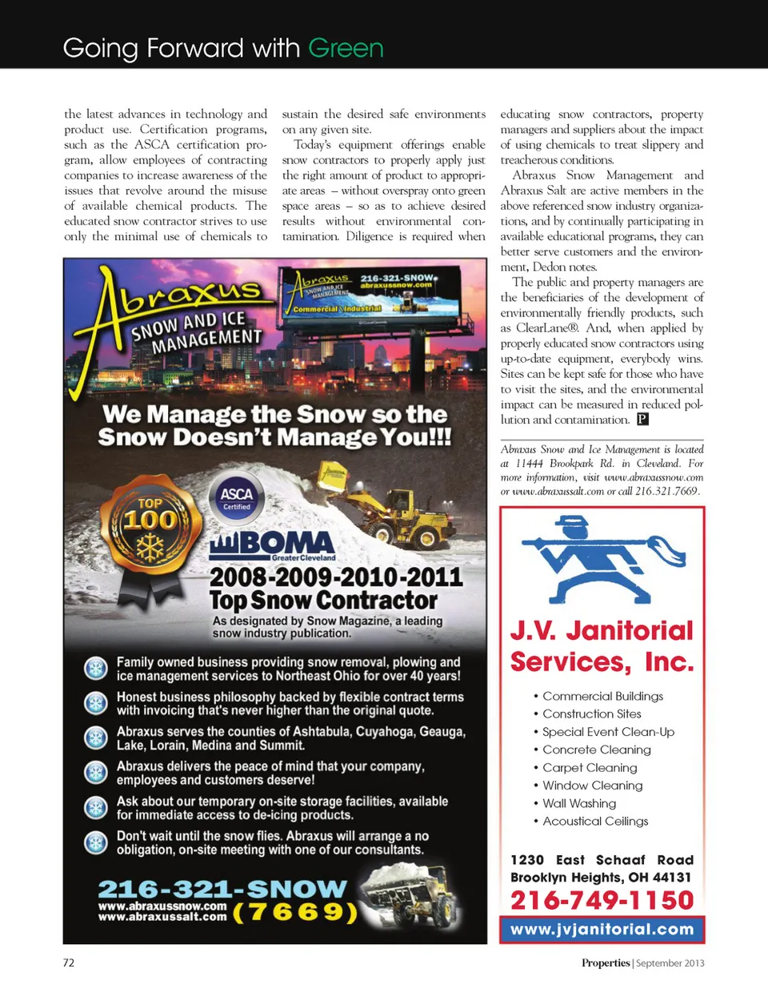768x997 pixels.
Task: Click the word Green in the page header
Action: [x=346, y=48]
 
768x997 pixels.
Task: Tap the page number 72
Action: [x=69, y=963]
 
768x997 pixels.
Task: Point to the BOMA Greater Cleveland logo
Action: [x=272, y=546]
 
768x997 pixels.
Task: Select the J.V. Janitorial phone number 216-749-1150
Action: [x=602, y=900]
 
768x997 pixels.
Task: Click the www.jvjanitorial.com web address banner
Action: [x=602, y=930]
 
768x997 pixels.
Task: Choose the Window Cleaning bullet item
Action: [x=592, y=786]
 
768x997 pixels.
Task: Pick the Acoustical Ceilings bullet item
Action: [x=595, y=821]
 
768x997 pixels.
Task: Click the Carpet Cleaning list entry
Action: [x=590, y=767]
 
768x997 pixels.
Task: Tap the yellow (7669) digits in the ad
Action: [x=294, y=912]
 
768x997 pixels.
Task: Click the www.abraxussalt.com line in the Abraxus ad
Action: [x=162, y=917]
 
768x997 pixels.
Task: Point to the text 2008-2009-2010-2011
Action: [x=336, y=577]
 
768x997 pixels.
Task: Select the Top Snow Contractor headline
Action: [x=323, y=601]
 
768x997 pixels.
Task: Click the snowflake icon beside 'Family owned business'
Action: [x=96, y=669]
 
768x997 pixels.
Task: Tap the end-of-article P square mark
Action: [x=642, y=420]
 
